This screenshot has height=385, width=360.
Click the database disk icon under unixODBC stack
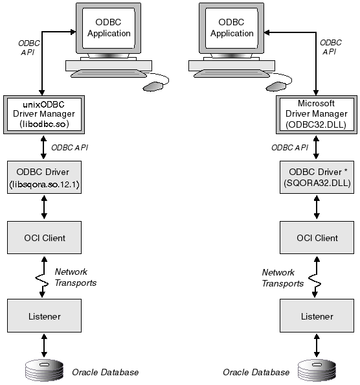[43, 371]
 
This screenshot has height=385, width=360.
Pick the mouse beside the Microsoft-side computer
[275, 86]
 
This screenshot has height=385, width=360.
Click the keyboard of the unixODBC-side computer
[108, 65]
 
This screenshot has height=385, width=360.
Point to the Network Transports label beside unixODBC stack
[75, 277]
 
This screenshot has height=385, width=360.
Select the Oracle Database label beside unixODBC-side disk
[105, 372]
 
